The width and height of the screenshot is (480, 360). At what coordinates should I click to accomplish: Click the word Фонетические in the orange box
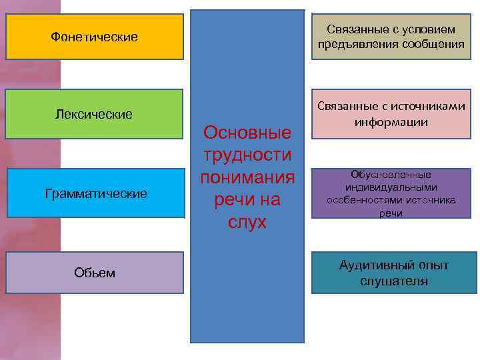pos(94,37)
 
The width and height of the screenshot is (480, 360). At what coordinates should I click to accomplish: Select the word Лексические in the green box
pos(93,115)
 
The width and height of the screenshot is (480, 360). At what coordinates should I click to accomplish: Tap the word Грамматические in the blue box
pos(95,193)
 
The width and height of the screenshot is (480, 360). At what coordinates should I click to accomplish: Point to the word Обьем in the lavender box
pos(95,273)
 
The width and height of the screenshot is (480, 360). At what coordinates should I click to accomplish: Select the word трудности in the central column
pos(247,155)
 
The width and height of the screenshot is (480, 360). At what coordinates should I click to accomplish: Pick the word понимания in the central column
pos(247,177)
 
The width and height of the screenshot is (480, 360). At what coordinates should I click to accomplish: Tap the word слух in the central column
pos(247,222)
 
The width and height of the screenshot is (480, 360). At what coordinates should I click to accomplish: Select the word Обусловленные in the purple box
pos(391,175)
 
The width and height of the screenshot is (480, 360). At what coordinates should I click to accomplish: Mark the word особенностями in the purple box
pos(367,200)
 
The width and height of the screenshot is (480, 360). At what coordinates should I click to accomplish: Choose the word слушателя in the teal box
pos(394,281)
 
